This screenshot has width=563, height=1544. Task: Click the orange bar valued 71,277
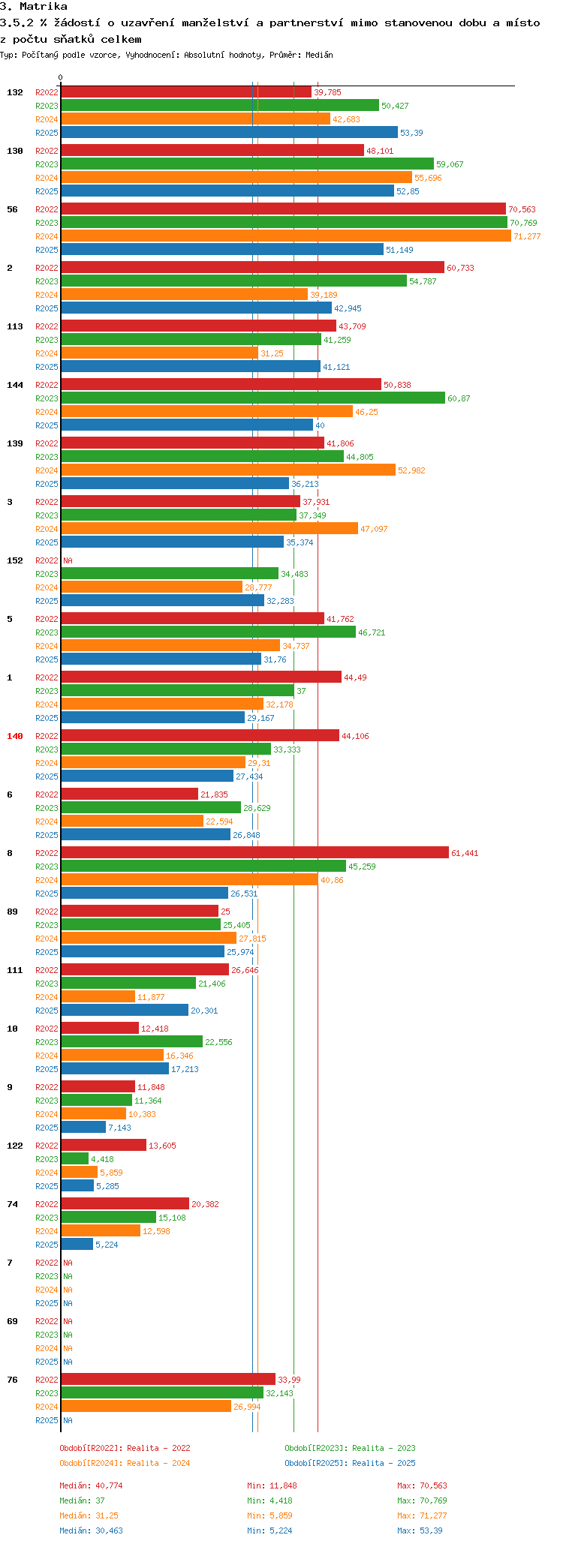pos(285,236)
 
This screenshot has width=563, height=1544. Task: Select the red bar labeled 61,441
pos(254,853)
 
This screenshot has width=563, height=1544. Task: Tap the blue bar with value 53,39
pos(229,133)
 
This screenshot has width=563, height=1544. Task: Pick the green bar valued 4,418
pos(74,1159)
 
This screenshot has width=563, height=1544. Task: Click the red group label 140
pos(15,736)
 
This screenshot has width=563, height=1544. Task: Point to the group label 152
pos(15,560)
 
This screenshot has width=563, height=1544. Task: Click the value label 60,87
pos(459,398)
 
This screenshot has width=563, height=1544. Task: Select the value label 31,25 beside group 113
pos(271,353)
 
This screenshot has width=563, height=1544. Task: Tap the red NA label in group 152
pos(68,560)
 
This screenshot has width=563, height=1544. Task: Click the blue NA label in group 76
pos(68,1420)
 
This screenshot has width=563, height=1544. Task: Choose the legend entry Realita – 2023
pos(350,1448)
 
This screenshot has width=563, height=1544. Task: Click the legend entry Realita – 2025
pos(350,1463)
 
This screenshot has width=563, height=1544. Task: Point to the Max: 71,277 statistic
pos(422,1515)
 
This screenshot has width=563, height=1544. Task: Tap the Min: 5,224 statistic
pos(269,1530)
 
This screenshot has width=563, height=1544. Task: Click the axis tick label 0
pos(61,77)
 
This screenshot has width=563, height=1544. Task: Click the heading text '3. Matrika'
pos(34,7)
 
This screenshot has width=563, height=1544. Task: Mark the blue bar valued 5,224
pos(77,1245)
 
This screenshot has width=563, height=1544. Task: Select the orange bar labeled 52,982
pos(228,470)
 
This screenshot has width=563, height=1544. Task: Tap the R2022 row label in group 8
pos(47,853)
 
